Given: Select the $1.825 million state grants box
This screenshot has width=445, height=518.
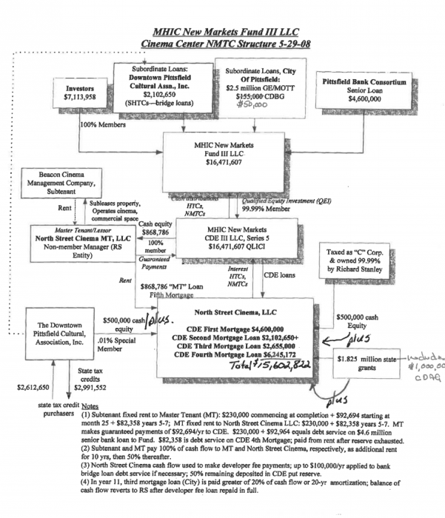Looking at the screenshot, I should click(x=368, y=361).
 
